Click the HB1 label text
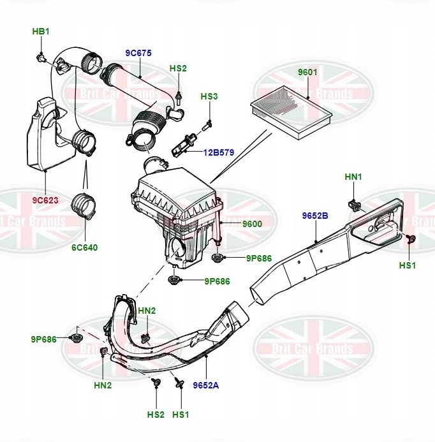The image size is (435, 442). click(x=41, y=31)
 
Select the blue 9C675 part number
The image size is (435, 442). click(x=138, y=54)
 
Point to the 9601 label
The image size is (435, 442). click(x=307, y=72)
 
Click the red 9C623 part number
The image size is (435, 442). click(x=45, y=200)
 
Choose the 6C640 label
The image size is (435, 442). click(x=85, y=247)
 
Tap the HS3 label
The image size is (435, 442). click(x=209, y=96)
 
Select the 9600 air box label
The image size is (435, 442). click(x=251, y=224)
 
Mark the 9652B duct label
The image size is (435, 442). click(x=315, y=216)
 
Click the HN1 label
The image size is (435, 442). click(x=353, y=176)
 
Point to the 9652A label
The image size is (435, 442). click(x=207, y=385)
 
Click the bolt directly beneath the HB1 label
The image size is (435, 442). click(x=41, y=59)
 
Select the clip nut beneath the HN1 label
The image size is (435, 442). click(x=353, y=205)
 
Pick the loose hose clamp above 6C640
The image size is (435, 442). click(x=83, y=205)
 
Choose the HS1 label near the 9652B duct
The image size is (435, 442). click(x=407, y=265)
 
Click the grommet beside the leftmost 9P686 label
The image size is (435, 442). click(x=78, y=338)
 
